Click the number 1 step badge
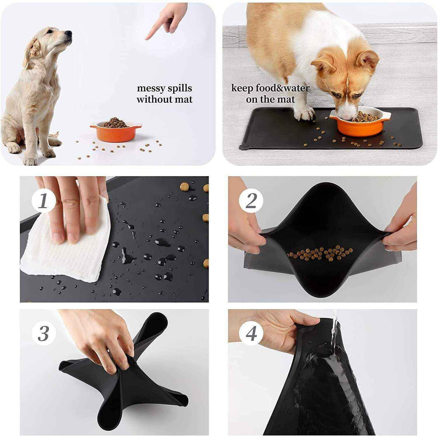pos(43,201)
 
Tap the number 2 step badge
pos(251,201)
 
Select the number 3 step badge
pos(43,333)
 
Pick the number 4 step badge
pos(251,333)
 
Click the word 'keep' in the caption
pos(242,88)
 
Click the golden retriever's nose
pos(69,33)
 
